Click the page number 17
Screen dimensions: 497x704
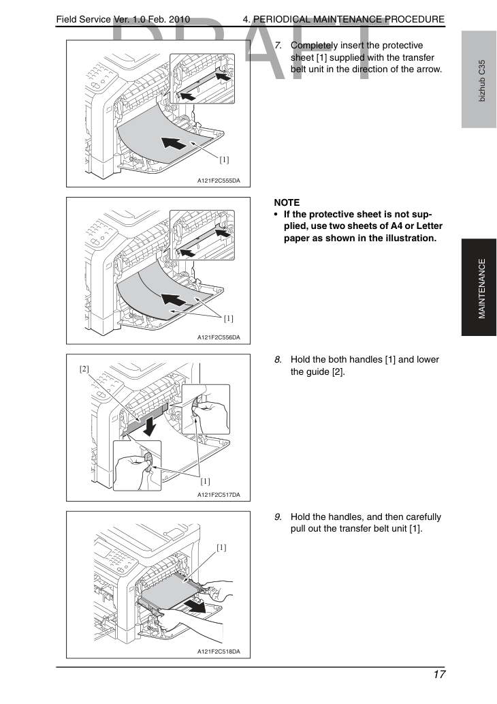coord(439,674)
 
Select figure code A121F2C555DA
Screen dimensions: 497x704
coord(219,181)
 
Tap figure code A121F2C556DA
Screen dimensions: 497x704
coord(219,337)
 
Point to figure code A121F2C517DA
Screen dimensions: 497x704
coord(219,494)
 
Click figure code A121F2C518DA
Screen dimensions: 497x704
coord(219,652)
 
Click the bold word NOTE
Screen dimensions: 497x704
coord(287,202)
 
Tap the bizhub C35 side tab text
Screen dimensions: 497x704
coord(482,81)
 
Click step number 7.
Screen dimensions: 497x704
coord(278,46)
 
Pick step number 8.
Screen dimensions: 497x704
coord(278,360)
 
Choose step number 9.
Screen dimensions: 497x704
coord(278,517)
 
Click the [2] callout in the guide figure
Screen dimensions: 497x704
coord(84,369)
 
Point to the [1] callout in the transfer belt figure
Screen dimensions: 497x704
coord(221,547)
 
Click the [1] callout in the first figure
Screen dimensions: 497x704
coord(224,159)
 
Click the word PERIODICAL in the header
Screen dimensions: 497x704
coord(280,19)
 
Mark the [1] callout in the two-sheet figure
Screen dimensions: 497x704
coord(229,318)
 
